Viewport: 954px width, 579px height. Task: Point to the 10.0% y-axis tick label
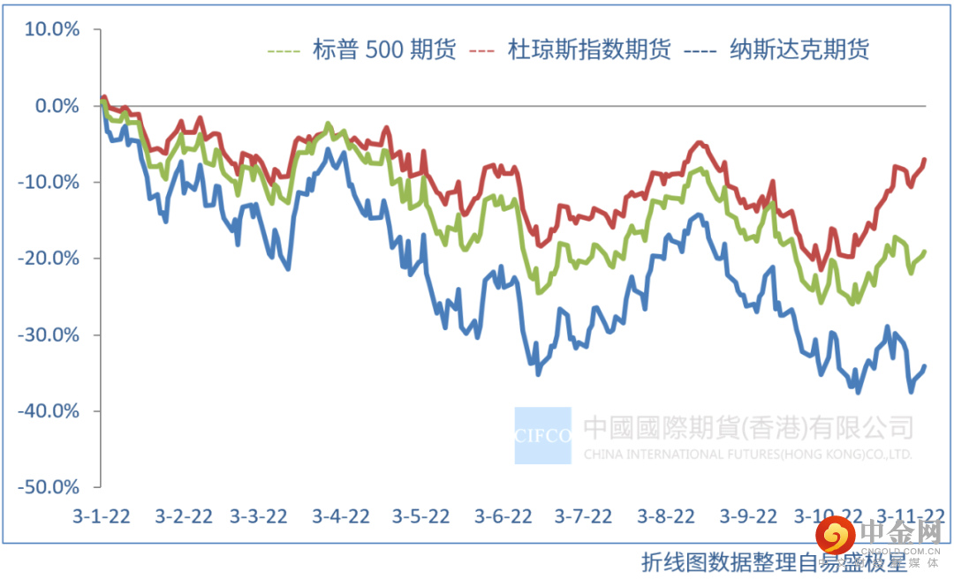point(53,29)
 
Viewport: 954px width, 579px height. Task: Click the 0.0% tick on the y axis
point(57,106)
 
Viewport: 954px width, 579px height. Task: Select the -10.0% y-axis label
point(49,183)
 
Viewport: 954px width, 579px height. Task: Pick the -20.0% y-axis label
point(49,259)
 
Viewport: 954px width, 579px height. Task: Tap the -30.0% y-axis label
point(49,335)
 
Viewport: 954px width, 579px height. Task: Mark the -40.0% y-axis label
point(49,411)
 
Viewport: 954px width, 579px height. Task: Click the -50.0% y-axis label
point(49,487)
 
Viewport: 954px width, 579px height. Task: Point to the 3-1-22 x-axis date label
point(101,516)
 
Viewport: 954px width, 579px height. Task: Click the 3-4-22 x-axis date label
point(340,516)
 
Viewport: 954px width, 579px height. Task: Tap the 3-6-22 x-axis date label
point(503,516)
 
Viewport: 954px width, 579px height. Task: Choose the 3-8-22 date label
point(666,516)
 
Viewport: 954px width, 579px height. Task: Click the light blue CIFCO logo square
point(543,435)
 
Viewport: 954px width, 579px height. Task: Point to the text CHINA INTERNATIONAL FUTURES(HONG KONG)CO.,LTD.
point(747,455)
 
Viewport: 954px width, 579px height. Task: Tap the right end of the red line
point(925,159)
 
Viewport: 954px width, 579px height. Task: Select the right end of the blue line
point(925,365)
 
